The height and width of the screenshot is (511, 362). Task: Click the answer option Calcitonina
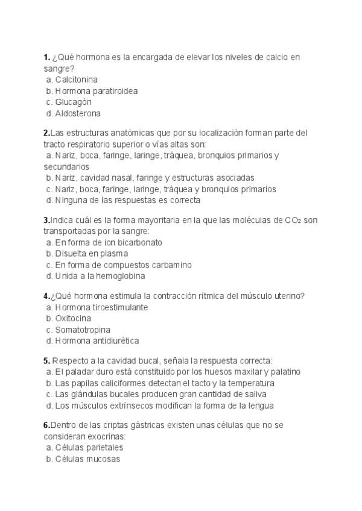pyautogui.click(x=76, y=80)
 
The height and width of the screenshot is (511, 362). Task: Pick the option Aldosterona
pyautogui.click(x=77, y=113)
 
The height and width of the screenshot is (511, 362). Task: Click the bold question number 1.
pyautogui.click(x=46, y=57)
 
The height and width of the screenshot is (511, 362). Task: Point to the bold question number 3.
pyautogui.click(x=46, y=220)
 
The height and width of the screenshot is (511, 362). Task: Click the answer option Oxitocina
pyautogui.click(x=73, y=318)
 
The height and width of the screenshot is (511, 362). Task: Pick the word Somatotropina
pyautogui.click(x=83, y=330)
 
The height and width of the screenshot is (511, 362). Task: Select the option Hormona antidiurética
pyautogui.click(x=97, y=341)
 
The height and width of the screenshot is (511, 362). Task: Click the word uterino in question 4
pyautogui.click(x=288, y=295)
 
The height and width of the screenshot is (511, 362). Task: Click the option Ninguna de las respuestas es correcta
pyautogui.click(x=127, y=200)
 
